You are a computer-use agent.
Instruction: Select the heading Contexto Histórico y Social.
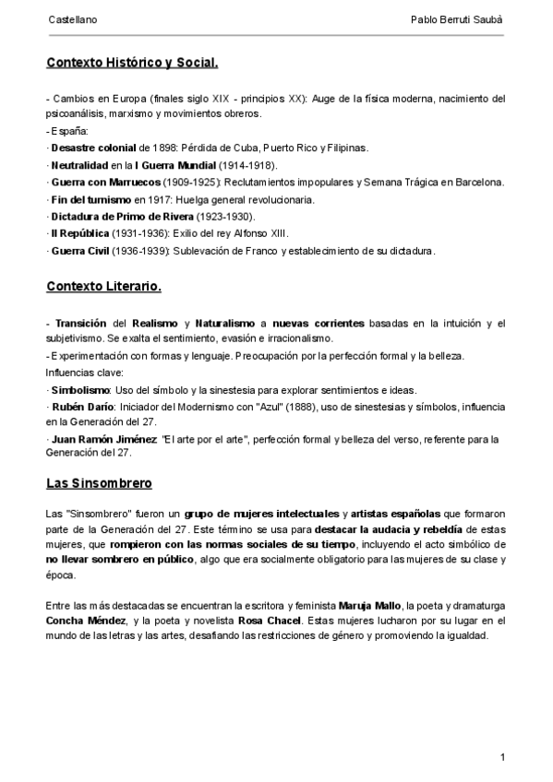tap(132, 64)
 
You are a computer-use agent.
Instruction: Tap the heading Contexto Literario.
tap(103, 287)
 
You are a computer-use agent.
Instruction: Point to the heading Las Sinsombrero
tap(99, 483)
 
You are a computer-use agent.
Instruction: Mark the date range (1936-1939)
tap(138, 251)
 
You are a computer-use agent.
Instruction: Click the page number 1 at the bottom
tap(502, 757)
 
